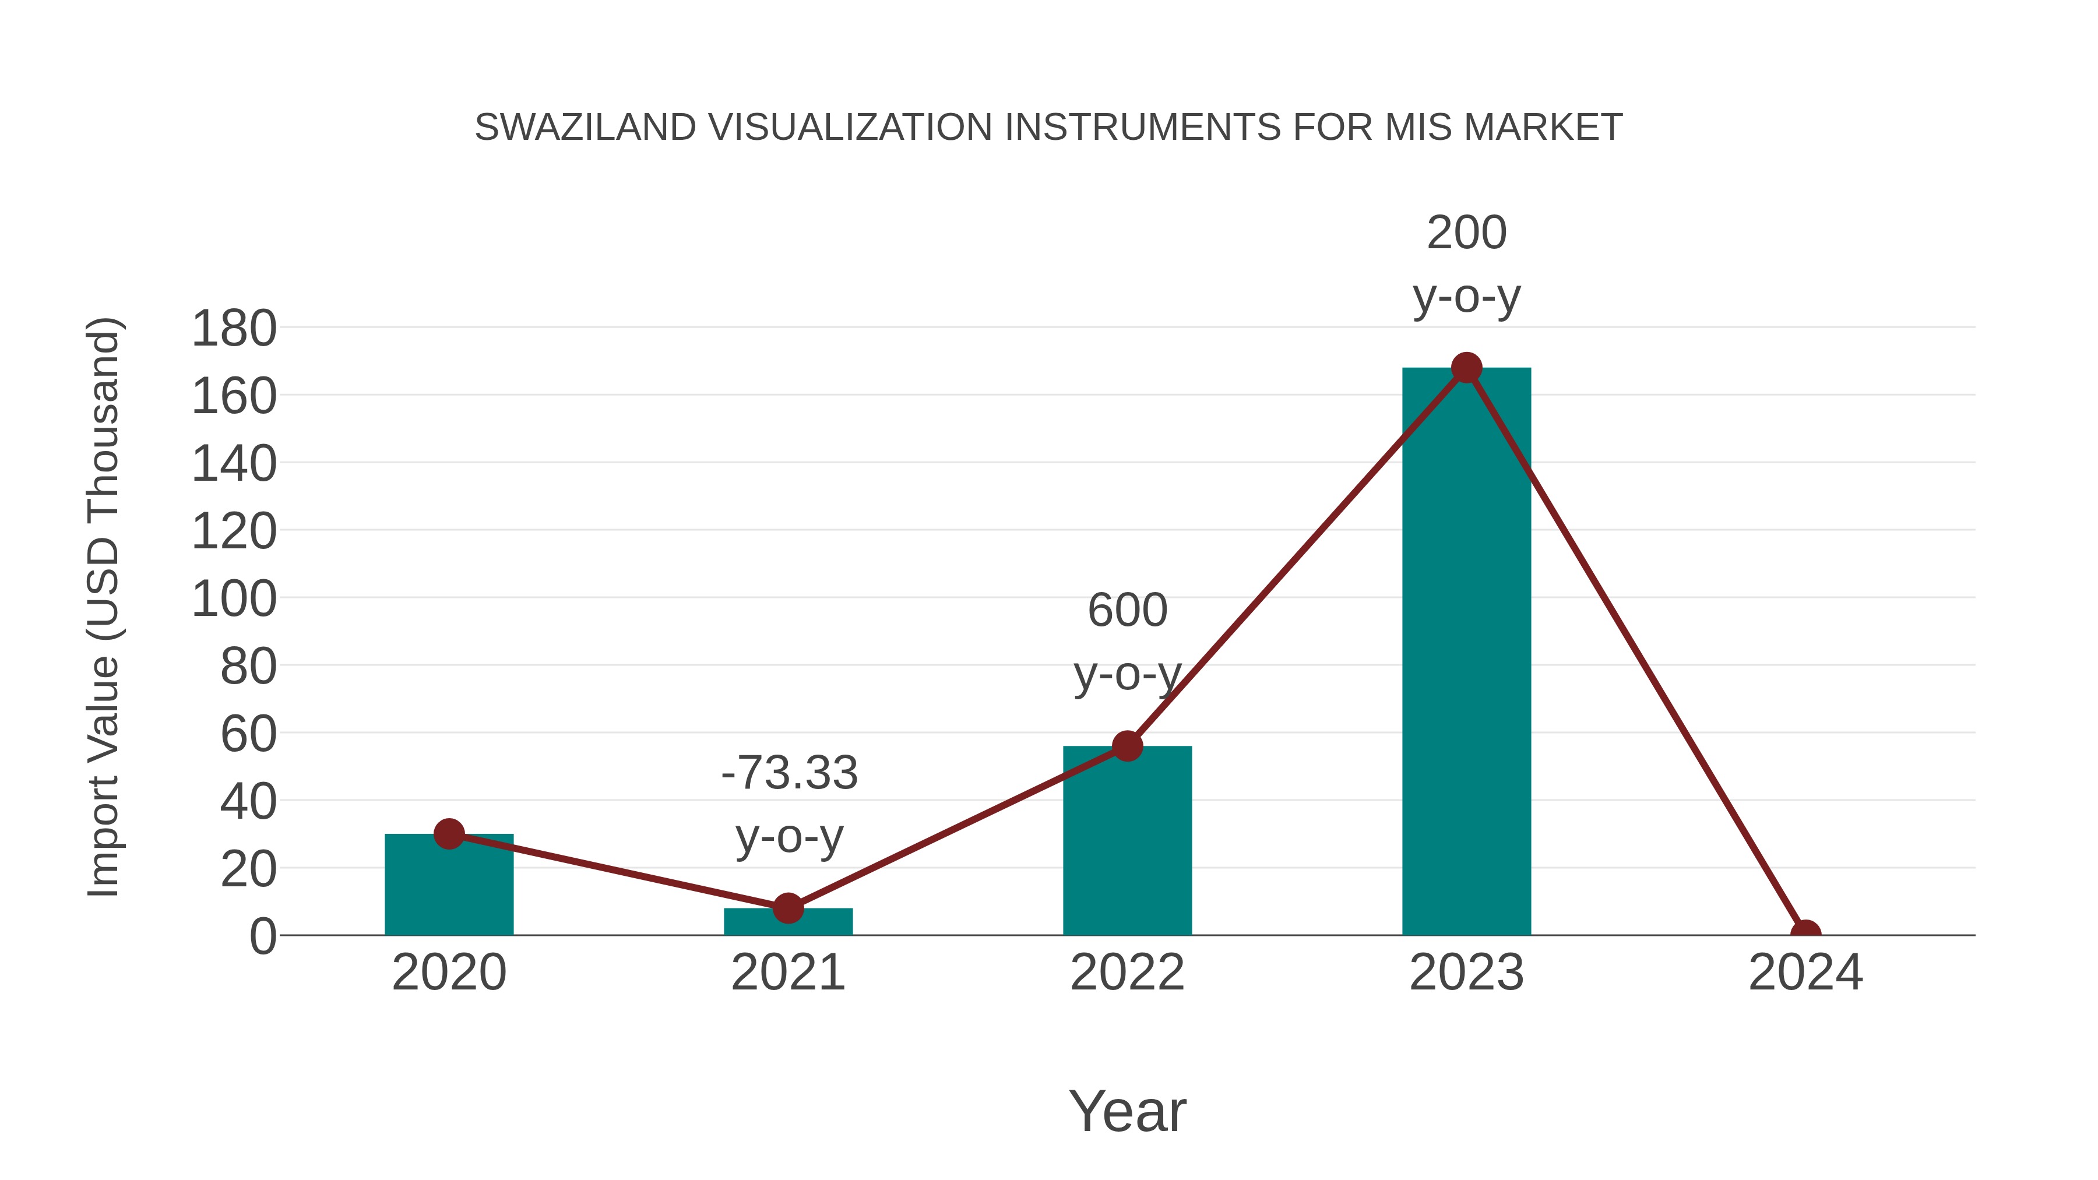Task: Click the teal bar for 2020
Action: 449,887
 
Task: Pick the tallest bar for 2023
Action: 1466,651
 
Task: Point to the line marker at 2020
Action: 449,834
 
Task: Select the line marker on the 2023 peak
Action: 1466,368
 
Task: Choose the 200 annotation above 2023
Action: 1466,233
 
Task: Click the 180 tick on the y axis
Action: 234,330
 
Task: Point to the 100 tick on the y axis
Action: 234,600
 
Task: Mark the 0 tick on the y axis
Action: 262,936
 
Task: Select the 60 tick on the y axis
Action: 248,735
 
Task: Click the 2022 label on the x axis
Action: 1127,973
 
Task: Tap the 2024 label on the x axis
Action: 1805,973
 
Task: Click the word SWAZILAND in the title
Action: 585,128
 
